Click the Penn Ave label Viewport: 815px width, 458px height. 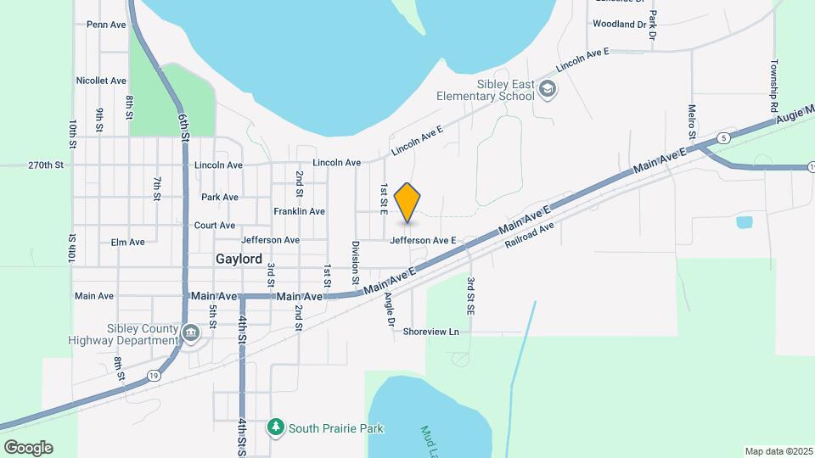[106, 25]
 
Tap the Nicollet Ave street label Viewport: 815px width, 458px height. [101, 81]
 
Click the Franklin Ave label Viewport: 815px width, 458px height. [299, 211]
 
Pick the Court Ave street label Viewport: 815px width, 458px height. [215, 226]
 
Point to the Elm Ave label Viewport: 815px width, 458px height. [128, 242]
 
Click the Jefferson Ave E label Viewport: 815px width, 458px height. [423, 241]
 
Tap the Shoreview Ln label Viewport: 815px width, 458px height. [430, 332]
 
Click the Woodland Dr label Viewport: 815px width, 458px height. [620, 25]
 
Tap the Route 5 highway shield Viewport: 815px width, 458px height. [722, 137]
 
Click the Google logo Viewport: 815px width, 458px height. [27, 447]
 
